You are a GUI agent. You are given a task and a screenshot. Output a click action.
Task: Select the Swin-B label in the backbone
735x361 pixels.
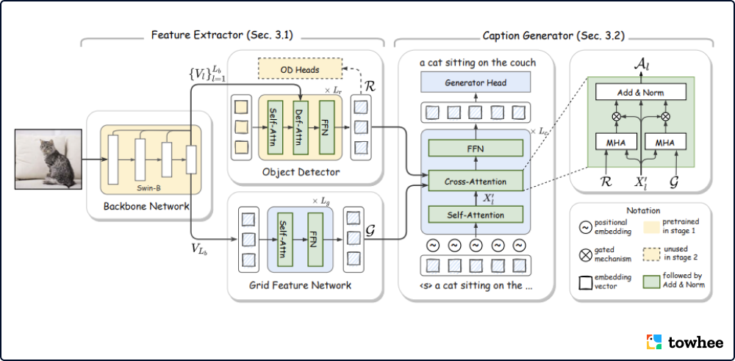(x=148, y=178)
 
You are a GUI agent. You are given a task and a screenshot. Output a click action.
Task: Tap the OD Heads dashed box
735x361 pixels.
(x=301, y=71)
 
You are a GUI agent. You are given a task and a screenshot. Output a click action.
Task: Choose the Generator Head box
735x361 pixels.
(x=475, y=82)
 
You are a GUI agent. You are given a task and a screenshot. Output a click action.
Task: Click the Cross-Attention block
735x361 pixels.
(x=476, y=180)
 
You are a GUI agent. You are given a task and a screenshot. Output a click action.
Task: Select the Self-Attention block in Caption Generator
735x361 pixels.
(x=476, y=215)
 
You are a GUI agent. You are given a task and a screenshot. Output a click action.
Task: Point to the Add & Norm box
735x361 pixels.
(x=640, y=92)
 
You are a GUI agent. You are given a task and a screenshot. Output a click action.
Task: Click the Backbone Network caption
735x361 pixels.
(x=145, y=205)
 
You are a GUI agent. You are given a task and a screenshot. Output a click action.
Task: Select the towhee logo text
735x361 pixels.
(x=695, y=342)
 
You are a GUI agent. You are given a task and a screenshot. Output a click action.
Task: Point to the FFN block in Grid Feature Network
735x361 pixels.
(x=313, y=240)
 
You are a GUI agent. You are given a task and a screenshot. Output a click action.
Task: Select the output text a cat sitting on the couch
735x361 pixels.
(x=478, y=62)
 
